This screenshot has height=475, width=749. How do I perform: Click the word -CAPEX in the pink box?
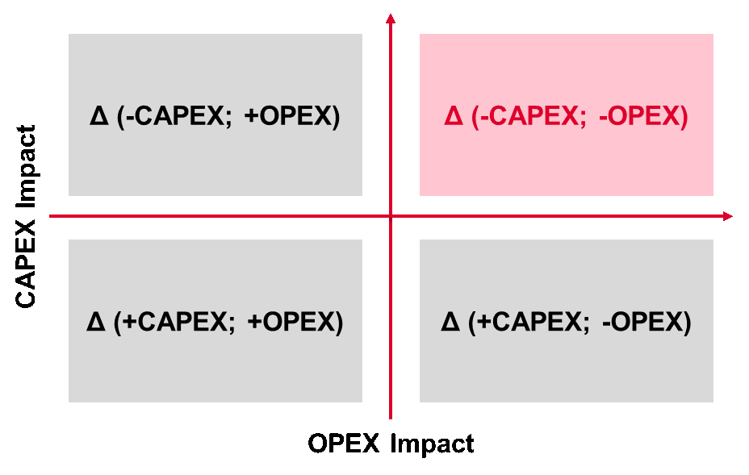coord(529,117)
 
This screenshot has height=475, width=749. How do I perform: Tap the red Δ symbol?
coord(453,117)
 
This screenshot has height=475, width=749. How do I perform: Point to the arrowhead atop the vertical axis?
coord(391,19)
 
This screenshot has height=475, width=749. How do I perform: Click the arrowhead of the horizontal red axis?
coord(728,216)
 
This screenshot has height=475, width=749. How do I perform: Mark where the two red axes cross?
coord(391,216)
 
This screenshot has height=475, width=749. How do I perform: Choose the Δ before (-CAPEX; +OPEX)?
coord(98,117)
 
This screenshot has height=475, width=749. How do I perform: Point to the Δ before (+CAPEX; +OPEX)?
coord(95,323)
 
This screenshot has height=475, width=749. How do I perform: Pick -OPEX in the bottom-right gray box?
coord(642,323)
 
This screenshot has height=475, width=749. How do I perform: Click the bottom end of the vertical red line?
coord(391,418)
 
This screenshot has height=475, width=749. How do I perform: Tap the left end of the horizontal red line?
coord(51,216)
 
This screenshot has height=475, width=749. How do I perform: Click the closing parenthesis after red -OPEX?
coord(684,117)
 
